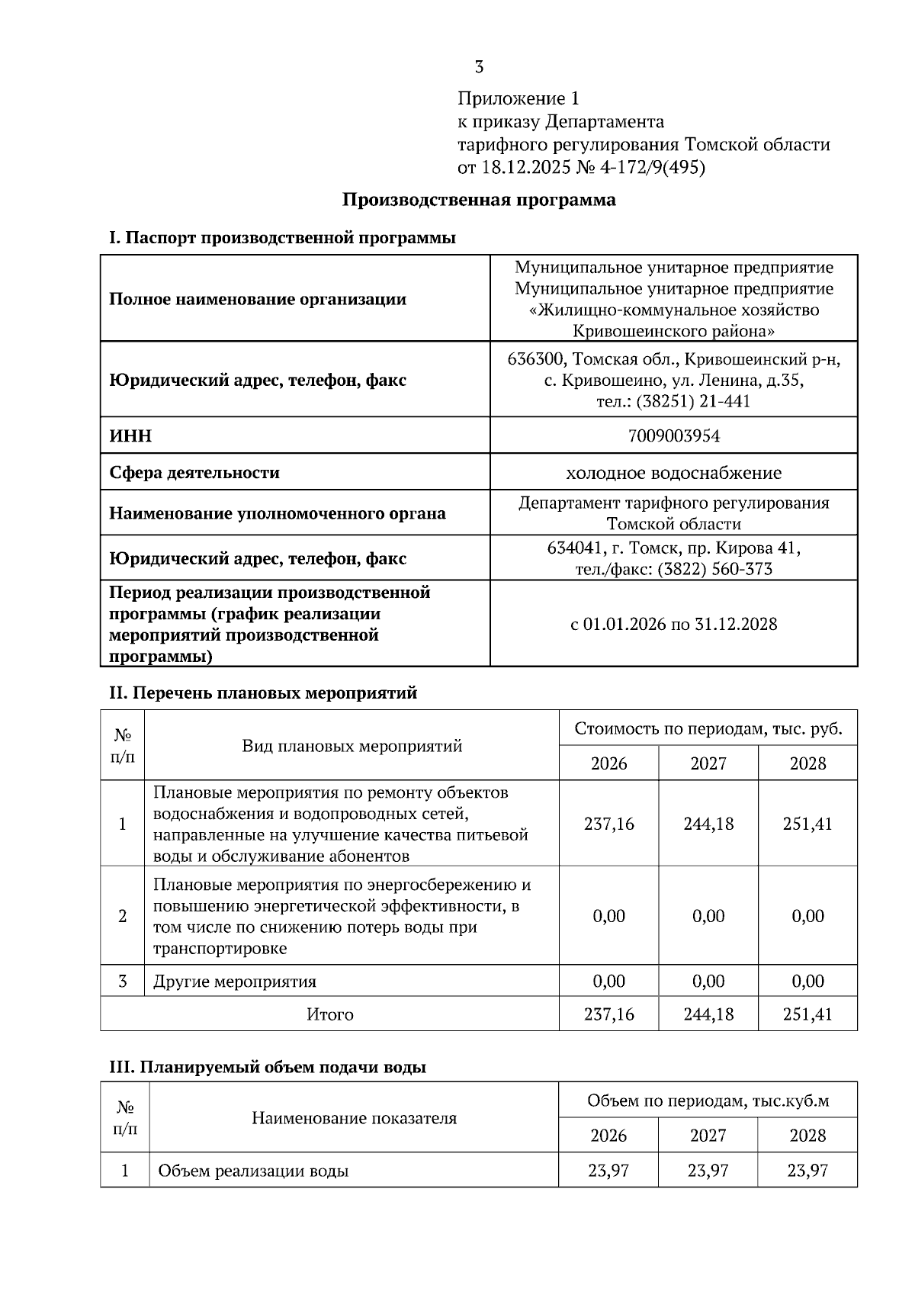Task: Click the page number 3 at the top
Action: (x=479, y=67)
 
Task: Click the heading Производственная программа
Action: (x=479, y=200)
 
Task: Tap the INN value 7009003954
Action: (x=673, y=435)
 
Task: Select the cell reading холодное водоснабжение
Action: (x=673, y=473)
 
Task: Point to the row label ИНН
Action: (x=130, y=435)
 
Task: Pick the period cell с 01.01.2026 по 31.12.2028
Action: (x=673, y=624)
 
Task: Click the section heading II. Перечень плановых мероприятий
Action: (x=263, y=693)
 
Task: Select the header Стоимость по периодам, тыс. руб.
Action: (x=708, y=728)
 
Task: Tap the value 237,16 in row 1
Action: (x=608, y=824)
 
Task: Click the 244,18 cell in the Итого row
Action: (x=708, y=1014)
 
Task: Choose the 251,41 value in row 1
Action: (x=807, y=824)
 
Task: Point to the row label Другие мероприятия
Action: (x=235, y=982)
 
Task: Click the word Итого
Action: (x=329, y=1014)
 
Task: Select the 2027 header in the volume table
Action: (x=708, y=1136)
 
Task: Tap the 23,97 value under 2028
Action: (x=807, y=1170)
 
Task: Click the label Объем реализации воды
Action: (x=253, y=1171)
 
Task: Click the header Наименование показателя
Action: (x=354, y=1118)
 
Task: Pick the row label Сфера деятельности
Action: (x=194, y=473)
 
